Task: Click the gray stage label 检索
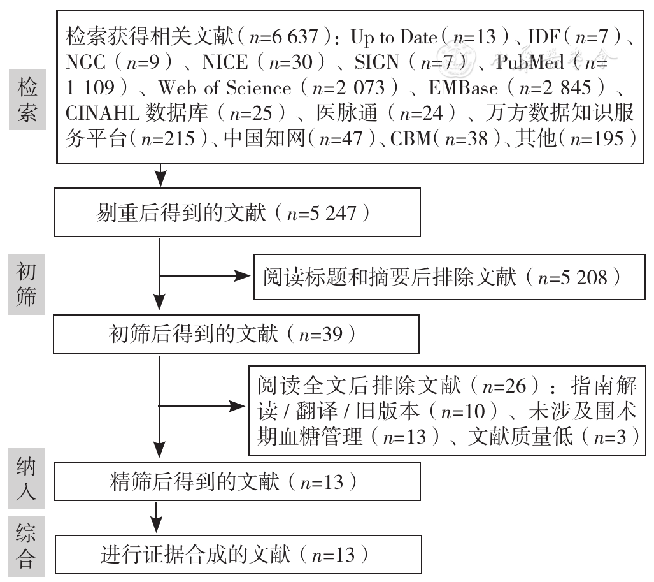[x=27, y=99]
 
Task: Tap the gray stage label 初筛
[x=26, y=284]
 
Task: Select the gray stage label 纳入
[x=26, y=479]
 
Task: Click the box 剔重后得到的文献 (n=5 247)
[x=238, y=212]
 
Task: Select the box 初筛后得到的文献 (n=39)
[x=236, y=334]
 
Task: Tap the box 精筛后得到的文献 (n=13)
[x=238, y=481]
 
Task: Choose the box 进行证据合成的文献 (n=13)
[x=238, y=555]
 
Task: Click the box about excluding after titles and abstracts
[x=449, y=277]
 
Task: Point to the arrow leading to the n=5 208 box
[x=205, y=276]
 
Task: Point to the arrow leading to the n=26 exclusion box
[x=202, y=406]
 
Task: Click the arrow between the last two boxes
[x=156, y=518]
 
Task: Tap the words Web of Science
[x=225, y=88]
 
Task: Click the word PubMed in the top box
[x=530, y=62]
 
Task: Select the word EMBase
[x=463, y=88]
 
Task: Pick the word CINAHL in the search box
[x=102, y=113]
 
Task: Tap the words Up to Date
[x=394, y=37]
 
